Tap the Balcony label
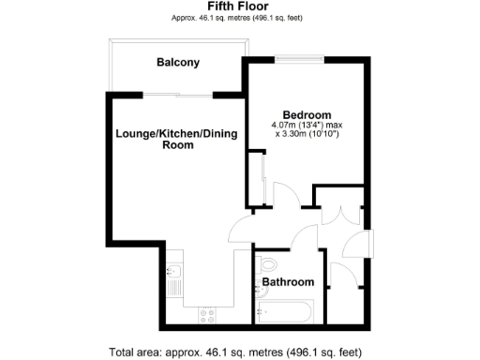[x=178, y=63]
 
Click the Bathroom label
[x=288, y=281]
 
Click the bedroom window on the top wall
[x=300, y=59]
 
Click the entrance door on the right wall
[x=371, y=242]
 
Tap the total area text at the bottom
[x=234, y=352]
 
